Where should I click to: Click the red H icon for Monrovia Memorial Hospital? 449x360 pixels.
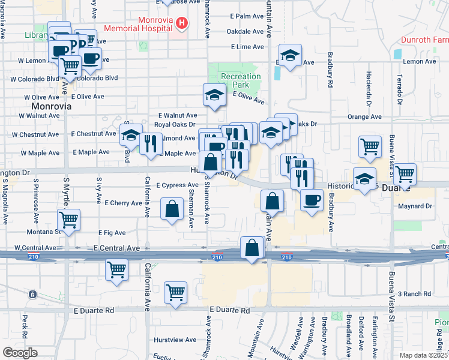click(181, 24)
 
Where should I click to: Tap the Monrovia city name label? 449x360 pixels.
click(51, 106)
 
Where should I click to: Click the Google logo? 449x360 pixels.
click(20, 353)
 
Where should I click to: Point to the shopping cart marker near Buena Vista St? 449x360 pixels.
click(405, 174)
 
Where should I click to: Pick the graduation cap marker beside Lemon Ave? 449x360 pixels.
click(290, 57)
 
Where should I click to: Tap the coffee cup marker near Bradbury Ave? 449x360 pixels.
click(311, 200)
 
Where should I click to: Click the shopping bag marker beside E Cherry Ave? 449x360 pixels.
click(172, 210)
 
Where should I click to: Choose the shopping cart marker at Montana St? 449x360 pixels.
click(70, 220)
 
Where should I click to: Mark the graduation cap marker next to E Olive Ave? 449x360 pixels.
click(214, 95)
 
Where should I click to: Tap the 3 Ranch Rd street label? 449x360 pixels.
click(418, 293)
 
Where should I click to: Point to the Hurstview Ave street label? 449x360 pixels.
click(175, 340)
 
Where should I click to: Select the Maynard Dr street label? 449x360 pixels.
click(415, 206)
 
